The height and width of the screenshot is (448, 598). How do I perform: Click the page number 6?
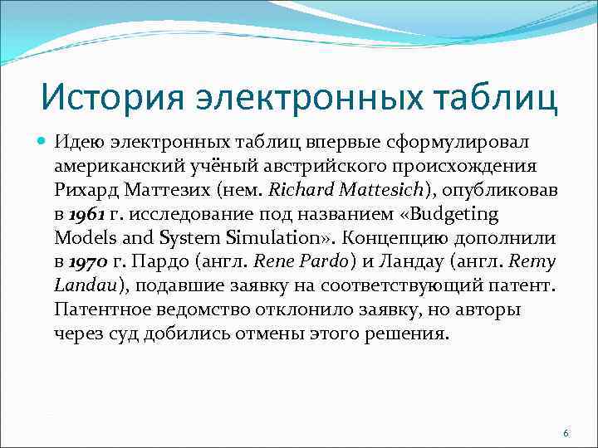[566, 434]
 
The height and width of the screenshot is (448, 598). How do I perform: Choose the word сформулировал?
[463, 142]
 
